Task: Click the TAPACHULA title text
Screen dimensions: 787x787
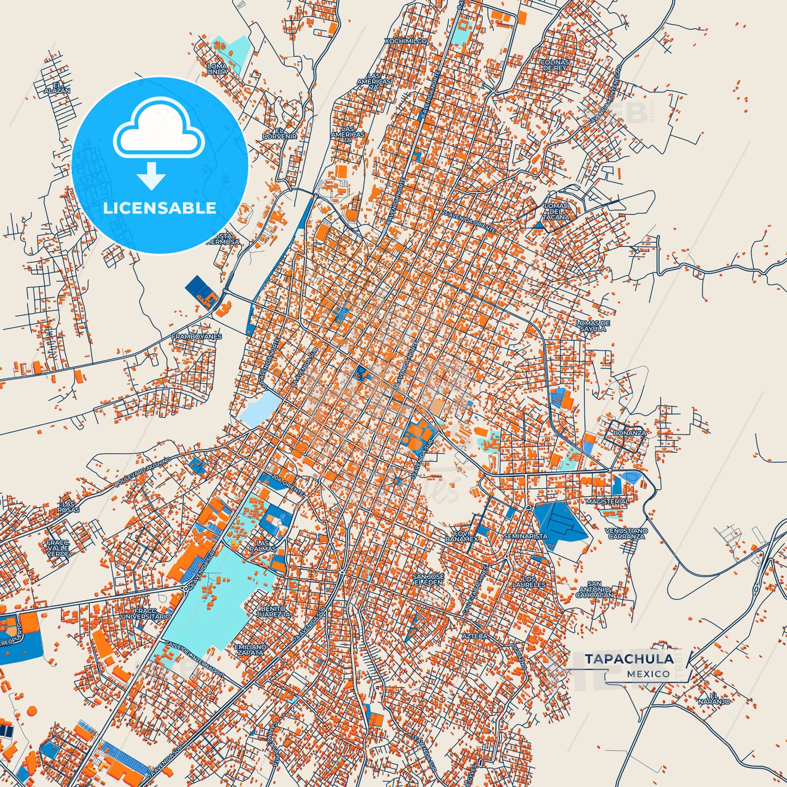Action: tap(629, 659)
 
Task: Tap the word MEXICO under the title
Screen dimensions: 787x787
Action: tap(648, 674)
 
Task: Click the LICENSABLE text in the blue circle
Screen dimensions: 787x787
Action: tap(160, 208)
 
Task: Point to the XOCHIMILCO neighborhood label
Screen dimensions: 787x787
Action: tap(405, 41)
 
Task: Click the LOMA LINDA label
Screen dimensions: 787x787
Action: tap(217, 69)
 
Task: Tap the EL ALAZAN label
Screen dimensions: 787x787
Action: tap(57, 87)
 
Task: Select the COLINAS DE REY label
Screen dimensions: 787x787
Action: tap(554, 65)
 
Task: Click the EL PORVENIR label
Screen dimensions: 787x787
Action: tap(279, 133)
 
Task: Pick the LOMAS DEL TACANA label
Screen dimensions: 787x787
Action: tap(556, 211)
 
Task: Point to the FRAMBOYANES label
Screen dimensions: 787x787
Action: tap(197, 337)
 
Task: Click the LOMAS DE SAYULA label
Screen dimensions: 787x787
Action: tap(593, 326)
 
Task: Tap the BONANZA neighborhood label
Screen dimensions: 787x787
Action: tap(629, 433)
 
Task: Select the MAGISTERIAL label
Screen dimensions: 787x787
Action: tap(607, 501)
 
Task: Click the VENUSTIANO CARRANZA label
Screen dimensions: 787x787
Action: tap(626, 533)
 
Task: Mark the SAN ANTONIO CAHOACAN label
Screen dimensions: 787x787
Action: tap(594, 589)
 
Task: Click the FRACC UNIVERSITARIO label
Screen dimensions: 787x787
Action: tap(145, 614)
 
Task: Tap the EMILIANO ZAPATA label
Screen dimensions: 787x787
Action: tap(251, 649)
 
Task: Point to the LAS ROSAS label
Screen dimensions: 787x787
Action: tap(68, 507)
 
